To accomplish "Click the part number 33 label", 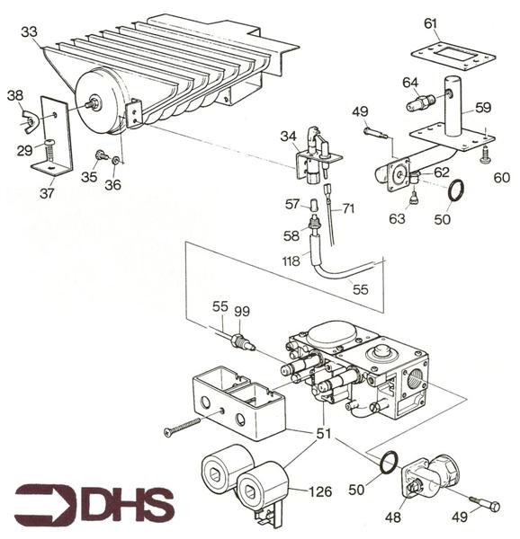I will (29, 31).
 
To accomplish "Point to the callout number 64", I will (410, 84).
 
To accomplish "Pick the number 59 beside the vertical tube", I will (483, 108).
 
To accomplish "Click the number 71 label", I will (348, 208).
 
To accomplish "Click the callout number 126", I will (321, 491).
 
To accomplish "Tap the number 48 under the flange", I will (417, 518).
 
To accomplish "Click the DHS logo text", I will (126, 506).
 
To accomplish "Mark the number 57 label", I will (291, 205).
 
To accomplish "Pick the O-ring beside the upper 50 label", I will (456, 190).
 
